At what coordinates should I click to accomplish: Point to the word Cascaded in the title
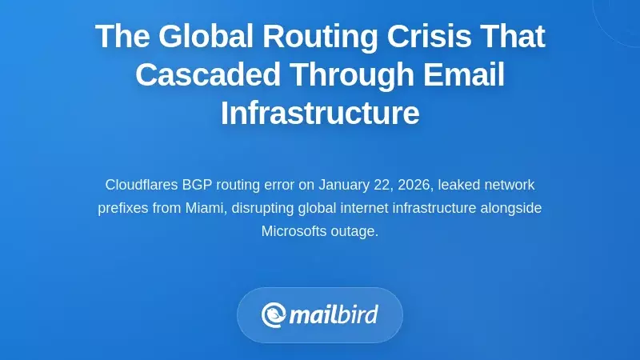(x=208, y=74)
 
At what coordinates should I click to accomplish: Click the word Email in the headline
(x=464, y=74)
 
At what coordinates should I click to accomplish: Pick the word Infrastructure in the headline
(x=320, y=113)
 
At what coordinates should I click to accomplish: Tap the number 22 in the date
(x=382, y=185)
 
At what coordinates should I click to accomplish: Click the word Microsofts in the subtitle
(x=295, y=231)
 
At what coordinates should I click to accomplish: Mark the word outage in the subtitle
(x=356, y=231)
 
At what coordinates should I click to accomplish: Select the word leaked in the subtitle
(x=457, y=185)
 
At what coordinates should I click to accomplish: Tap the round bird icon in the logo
(x=274, y=314)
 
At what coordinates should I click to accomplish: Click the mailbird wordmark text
(x=333, y=314)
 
